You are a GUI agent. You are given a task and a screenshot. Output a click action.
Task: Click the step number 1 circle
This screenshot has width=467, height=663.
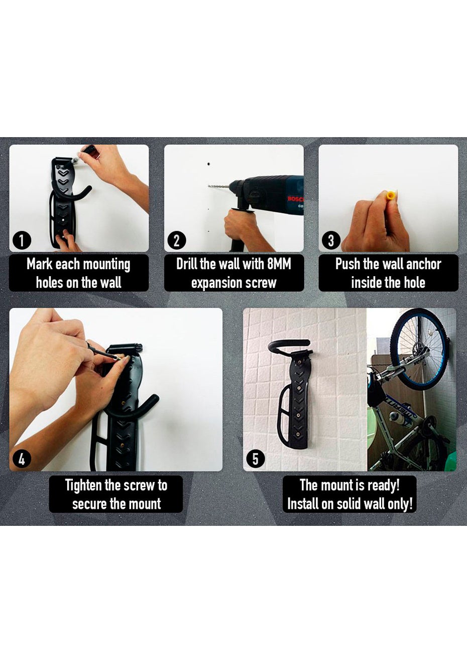[x=22, y=241]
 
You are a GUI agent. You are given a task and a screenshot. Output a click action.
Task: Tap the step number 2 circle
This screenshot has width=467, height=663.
[x=176, y=241]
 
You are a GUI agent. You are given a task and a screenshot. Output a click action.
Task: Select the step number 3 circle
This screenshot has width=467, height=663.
[x=331, y=241]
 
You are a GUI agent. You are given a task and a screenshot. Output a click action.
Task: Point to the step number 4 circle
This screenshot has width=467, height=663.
[x=22, y=460]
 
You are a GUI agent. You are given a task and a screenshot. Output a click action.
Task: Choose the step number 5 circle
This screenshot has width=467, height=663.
[x=256, y=460]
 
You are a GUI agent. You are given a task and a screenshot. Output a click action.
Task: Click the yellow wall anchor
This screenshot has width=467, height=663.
[x=390, y=195]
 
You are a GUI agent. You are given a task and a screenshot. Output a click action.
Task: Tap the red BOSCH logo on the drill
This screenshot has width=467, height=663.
[x=295, y=198]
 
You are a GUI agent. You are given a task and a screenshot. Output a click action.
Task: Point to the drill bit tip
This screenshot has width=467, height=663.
[x=209, y=186]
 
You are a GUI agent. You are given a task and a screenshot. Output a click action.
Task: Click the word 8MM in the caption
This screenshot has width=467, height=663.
[x=279, y=264]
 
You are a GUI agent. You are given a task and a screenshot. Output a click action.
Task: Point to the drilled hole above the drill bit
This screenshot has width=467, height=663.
[x=208, y=163]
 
